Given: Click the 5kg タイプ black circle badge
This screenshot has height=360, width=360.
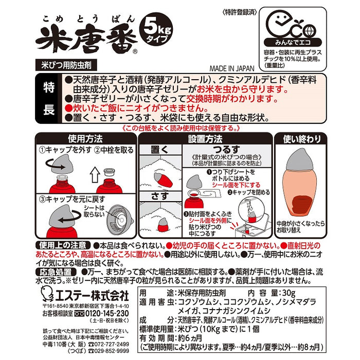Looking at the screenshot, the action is [x=156, y=30].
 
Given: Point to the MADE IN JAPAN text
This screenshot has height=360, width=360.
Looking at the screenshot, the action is [x=232, y=68].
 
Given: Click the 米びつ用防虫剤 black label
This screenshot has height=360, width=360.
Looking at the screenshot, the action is [x=66, y=65].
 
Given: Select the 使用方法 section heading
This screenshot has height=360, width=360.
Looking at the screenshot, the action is [x=85, y=139].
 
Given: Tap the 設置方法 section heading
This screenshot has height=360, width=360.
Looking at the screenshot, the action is [x=205, y=139].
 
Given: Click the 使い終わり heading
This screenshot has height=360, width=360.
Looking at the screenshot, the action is [x=301, y=139].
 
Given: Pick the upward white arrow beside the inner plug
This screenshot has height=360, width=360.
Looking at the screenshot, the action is [x=95, y=174].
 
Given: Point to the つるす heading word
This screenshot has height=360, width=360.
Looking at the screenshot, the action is [x=226, y=150].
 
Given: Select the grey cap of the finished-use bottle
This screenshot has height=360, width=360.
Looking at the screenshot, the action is [x=300, y=159].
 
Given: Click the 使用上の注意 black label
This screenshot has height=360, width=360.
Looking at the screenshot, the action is [x=63, y=245].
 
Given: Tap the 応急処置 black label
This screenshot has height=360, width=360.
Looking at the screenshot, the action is [x=56, y=272].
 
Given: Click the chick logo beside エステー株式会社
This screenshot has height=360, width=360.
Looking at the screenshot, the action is [x=47, y=294].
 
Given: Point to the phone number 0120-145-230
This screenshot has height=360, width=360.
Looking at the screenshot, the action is [x=107, y=313].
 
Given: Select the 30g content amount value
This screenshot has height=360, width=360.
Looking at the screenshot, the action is [x=289, y=293].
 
